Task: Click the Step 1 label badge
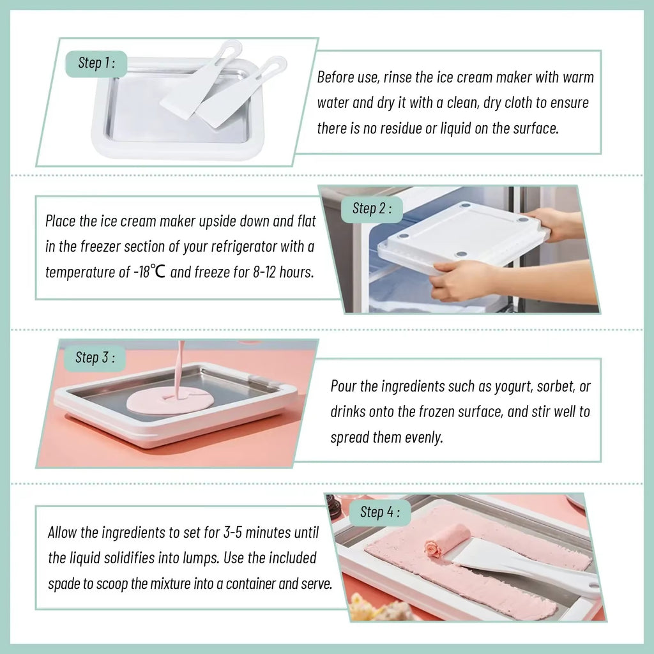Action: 96,63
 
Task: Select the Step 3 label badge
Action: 95,358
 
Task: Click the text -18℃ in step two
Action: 150,271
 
